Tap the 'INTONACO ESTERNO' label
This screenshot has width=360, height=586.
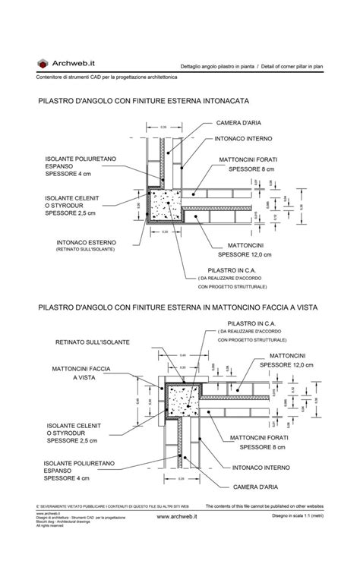coord(87,243)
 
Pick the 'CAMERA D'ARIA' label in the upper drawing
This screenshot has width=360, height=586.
coord(240,122)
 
